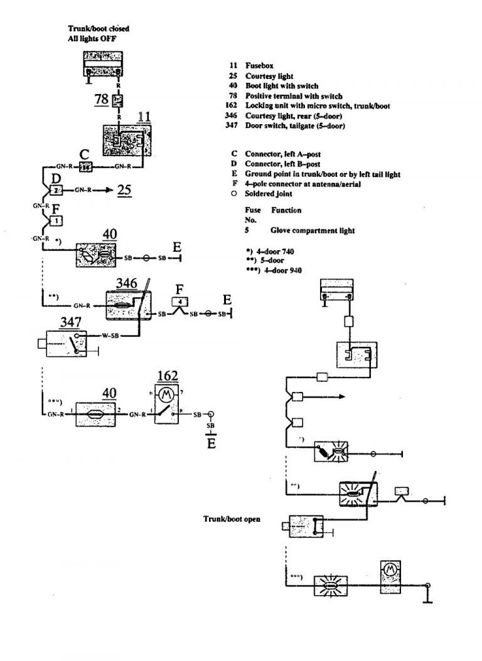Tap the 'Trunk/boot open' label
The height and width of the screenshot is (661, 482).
pyautogui.click(x=232, y=519)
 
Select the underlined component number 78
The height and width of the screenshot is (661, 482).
pyautogui.click(x=100, y=99)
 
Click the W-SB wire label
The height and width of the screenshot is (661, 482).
pyautogui.click(x=111, y=336)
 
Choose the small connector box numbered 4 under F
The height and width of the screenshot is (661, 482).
pyautogui.click(x=181, y=302)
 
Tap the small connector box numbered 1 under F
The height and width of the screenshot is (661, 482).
pyautogui.click(x=56, y=221)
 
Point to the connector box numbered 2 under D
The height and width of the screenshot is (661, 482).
pyautogui.click(x=56, y=189)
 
